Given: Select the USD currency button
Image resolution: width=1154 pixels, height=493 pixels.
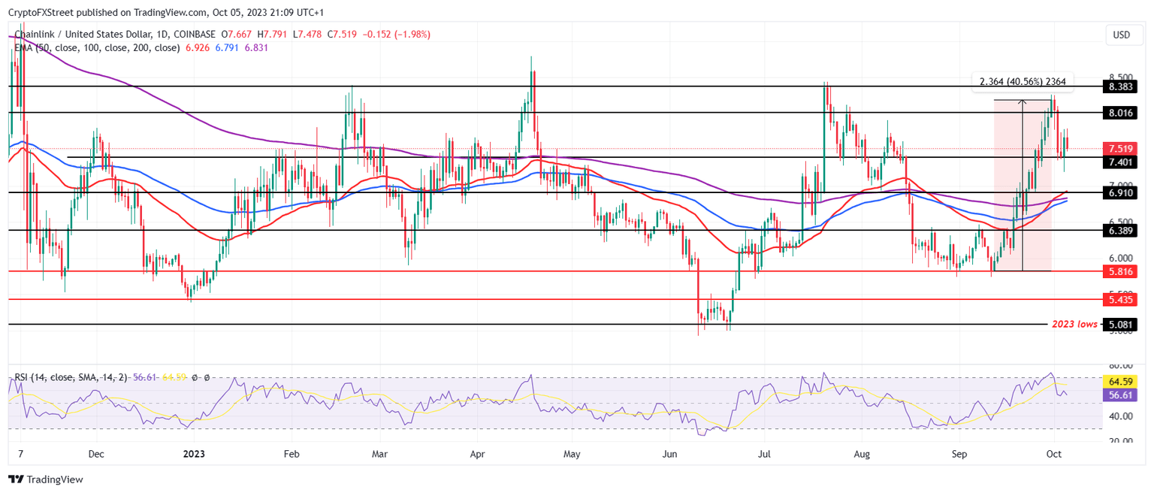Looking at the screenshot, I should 1121,35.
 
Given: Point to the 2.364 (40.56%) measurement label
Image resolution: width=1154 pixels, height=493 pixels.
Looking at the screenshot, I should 1018,81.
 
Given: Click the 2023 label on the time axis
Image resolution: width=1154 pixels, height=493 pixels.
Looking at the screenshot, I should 195,454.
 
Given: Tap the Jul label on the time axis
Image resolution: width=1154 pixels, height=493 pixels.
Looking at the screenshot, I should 764,454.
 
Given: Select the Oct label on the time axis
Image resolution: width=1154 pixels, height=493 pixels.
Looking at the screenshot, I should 1053,454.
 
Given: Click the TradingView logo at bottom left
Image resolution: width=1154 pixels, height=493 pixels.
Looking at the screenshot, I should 47,479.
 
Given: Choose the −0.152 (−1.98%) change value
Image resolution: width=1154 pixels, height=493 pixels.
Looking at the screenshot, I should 397,35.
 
